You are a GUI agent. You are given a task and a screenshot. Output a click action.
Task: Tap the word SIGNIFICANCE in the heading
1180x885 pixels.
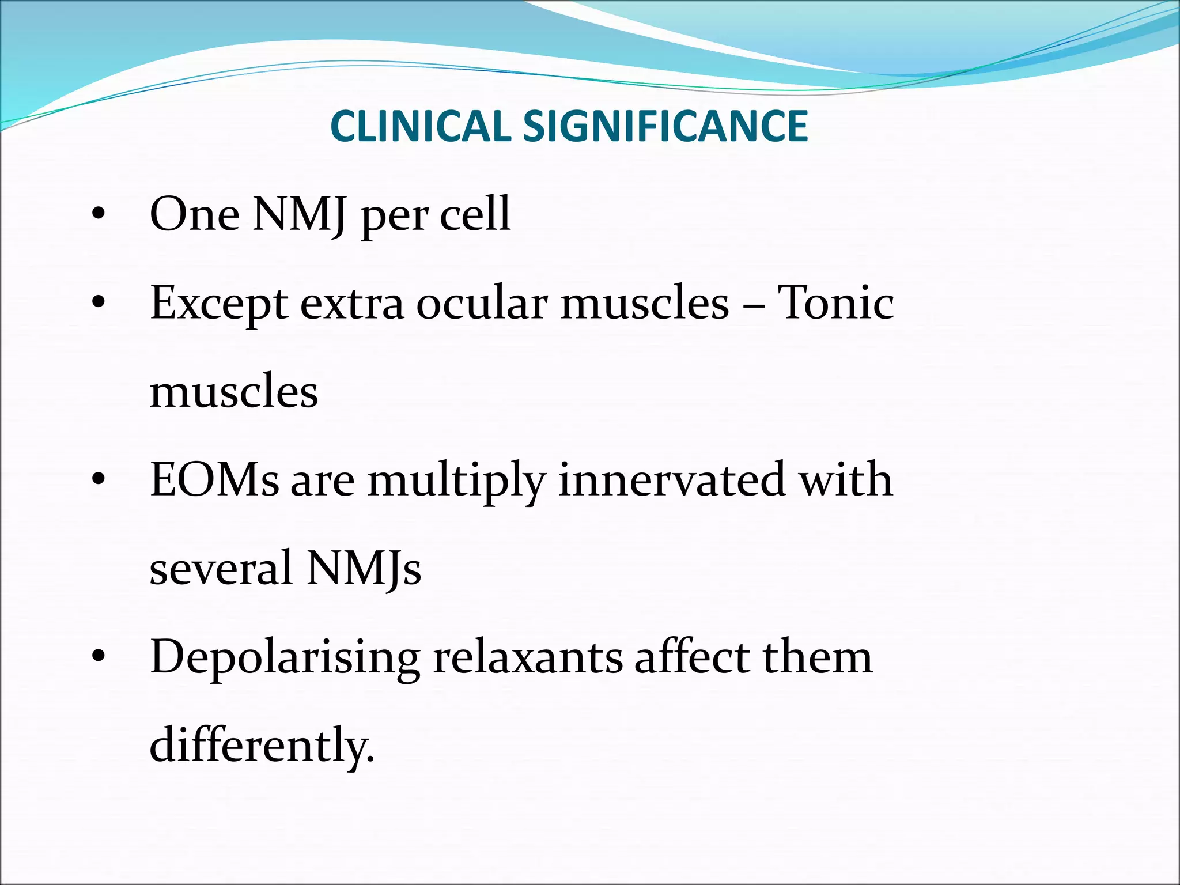coord(665,126)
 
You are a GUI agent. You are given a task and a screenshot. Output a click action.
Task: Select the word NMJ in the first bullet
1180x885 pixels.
coord(300,214)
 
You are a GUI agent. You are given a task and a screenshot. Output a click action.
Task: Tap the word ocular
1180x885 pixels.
coord(482,303)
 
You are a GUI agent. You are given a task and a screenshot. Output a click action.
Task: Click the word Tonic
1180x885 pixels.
coord(835,303)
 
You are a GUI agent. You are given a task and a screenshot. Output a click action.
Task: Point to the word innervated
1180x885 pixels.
coord(672,479)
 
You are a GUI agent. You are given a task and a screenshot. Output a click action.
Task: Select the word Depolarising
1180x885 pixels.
coord(285,658)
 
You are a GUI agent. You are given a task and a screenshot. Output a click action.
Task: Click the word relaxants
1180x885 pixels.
coord(528,657)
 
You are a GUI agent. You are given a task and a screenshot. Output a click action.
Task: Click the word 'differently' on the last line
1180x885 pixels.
coord(261,746)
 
